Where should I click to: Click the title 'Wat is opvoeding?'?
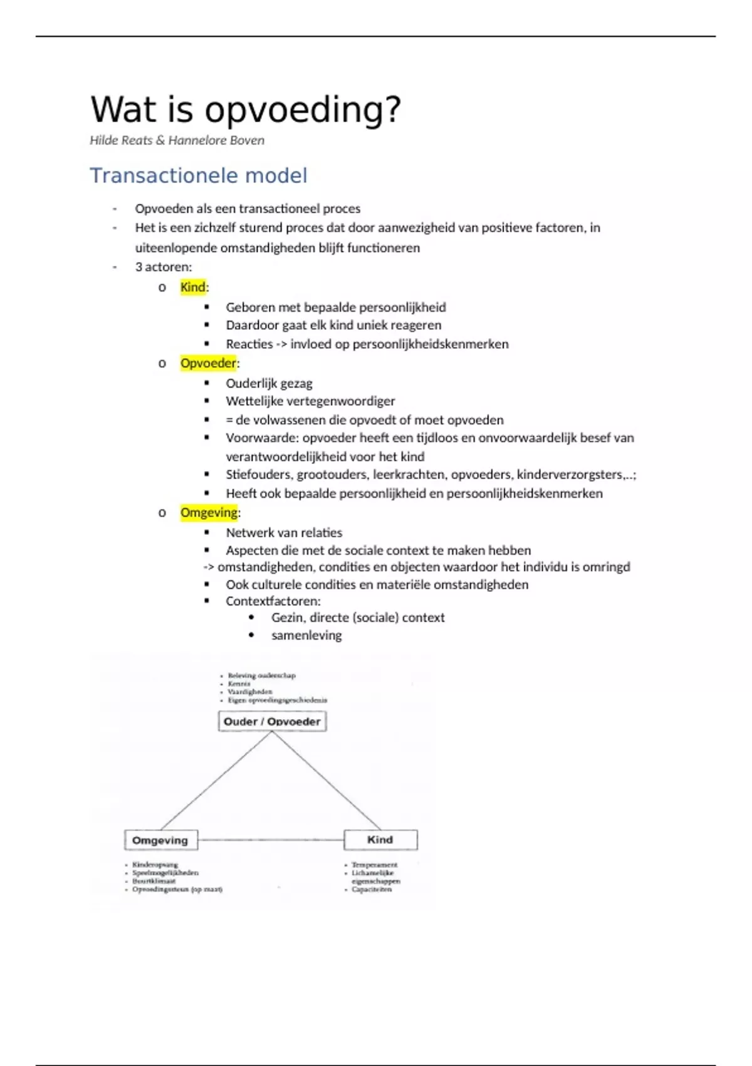(x=246, y=109)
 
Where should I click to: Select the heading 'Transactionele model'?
(x=199, y=176)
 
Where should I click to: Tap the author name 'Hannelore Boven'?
(x=216, y=140)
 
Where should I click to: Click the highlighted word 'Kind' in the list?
(x=193, y=287)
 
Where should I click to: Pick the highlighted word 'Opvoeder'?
(x=208, y=363)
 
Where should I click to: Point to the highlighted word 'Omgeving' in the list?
(x=209, y=512)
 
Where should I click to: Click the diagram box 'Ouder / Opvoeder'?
(x=272, y=721)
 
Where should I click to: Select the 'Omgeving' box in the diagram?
(x=160, y=840)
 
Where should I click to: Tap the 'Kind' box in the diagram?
(x=380, y=840)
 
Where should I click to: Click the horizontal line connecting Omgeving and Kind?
(x=271, y=840)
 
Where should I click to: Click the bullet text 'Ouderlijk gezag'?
(x=269, y=383)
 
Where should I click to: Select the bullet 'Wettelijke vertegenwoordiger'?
(x=310, y=401)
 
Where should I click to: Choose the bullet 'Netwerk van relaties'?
(x=284, y=532)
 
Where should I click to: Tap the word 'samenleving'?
(x=306, y=635)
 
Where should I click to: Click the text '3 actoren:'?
(x=164, y=266)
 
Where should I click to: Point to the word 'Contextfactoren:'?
(x=273, y=601)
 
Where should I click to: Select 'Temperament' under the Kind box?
(x=374, y=865)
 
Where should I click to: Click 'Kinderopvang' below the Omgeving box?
(x=155, y=865)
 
